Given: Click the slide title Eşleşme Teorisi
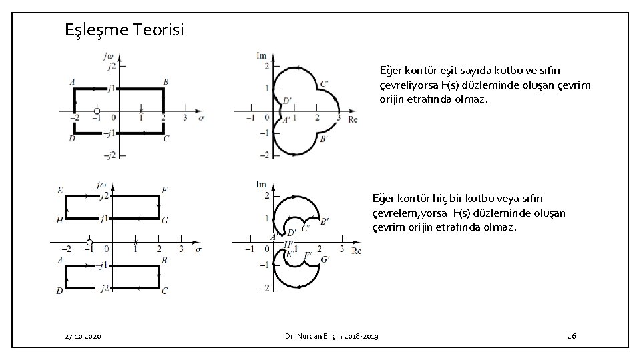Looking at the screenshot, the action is tap(125, 30).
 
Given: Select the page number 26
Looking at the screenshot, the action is tap(571, 336).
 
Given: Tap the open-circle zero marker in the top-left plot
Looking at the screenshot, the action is tap(97, 111).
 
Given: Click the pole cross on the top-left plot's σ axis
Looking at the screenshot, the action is tap(141, 110).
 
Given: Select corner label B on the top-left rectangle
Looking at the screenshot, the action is tap(165, 82).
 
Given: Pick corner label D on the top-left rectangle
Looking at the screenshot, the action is tap(71, 138).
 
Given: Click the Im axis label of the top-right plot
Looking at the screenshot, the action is tap(262, 55).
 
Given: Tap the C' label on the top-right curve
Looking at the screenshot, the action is tap(324, 84).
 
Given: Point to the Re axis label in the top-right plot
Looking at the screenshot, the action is tap(353, 120).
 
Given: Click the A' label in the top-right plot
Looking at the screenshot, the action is tap(286, 121).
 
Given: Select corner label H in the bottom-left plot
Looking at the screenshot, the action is tap(59, 220).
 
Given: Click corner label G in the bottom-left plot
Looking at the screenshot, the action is tap(165, 220).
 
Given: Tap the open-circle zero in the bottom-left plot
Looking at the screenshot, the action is tap(89, 243).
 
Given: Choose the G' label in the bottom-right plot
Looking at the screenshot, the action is tap(326, 259).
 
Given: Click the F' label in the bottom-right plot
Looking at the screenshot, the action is tap(308, 255).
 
